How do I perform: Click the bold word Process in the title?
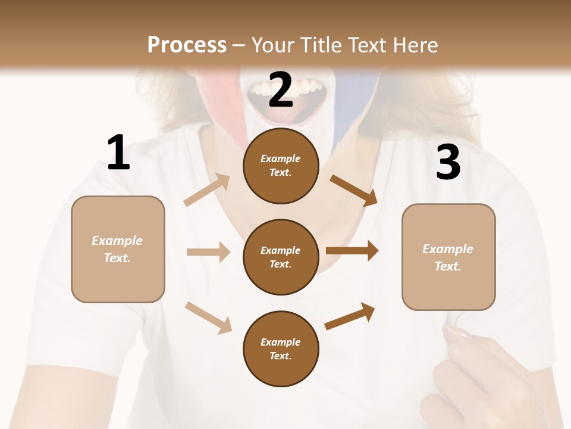(x=187, y=45)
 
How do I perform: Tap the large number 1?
(x=118, y=153)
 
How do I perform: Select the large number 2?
(x=281, y=89)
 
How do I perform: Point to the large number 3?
(x=448, y=162)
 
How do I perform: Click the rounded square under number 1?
(x=118, y=249)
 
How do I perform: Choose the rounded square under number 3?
(x=448, y=257)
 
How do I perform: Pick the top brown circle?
(x=281, y=166)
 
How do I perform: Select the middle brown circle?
(x=281, y=257)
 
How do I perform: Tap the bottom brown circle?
(x=281, y=349)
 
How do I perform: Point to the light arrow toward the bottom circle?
(x=208, y=317)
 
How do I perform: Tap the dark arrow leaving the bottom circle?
(x=350, y=316)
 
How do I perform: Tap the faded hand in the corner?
(x=476, y=375)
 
